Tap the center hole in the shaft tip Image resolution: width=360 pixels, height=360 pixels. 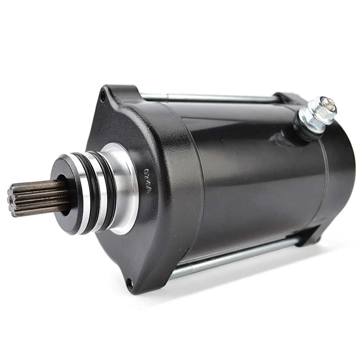(x=11, y=202)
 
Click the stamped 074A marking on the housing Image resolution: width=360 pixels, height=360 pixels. (x=148, y=180)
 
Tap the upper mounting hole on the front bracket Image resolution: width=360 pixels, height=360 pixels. (x=103, y=96)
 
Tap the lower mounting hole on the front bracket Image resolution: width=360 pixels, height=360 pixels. (x=130, y=284)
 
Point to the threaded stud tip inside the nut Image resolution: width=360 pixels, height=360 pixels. (x=328, y=104)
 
